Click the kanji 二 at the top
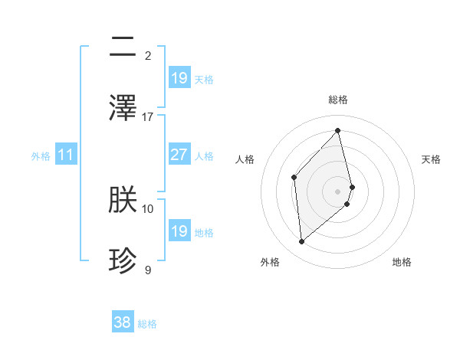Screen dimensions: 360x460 click(x=123, y=47)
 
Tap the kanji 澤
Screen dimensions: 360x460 click(x=123, y=107)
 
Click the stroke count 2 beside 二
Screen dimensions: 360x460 click(x=148, y=56)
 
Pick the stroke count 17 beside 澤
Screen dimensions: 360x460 click(x=148, y=116)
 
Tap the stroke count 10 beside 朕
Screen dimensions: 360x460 click(x=148, y=208)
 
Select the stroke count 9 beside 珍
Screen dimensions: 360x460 click(x=148, y=270)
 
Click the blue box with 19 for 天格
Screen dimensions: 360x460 click(x=179, y=78)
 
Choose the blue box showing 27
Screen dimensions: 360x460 click(x=179, y=155)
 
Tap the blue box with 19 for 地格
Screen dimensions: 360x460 click(x=179, y=231)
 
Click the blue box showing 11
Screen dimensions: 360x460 click(x=66, y=155)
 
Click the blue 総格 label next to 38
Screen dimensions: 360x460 click(x=147, y=324)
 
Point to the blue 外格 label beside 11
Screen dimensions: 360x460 click(x=41, y=155)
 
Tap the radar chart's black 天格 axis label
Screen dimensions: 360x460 click(x=431, y=159)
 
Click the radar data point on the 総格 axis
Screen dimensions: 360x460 click(x=338, y=131)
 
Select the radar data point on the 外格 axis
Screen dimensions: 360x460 click(x=302, y=242)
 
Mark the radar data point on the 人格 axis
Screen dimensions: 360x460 click(x=294, y=177)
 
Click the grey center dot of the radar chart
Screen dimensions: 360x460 click(x=338, y=191)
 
